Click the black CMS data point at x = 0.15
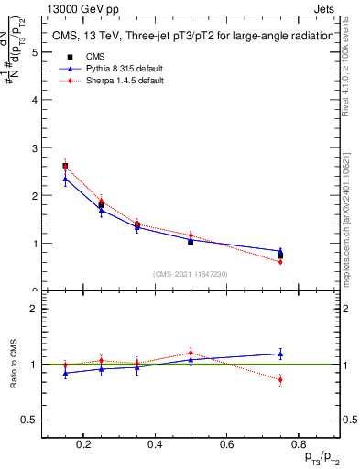[65, 166]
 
